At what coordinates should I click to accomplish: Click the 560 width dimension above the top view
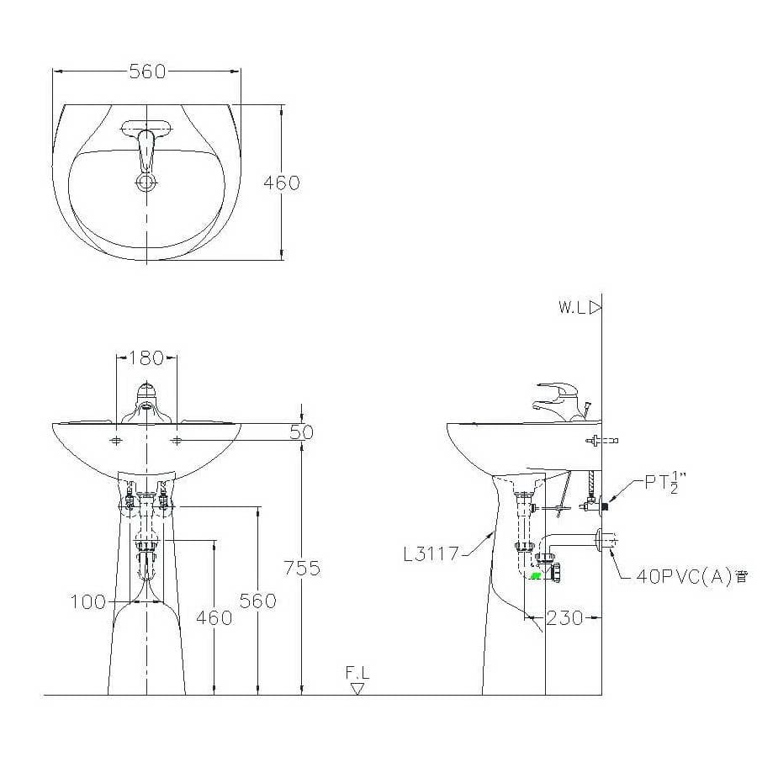point(147,72)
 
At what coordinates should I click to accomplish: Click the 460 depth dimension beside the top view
point(282,183)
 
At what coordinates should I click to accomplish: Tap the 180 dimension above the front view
point(146,357)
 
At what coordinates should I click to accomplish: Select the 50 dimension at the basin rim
point(302,432)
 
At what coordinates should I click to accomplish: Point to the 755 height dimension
point(302,569)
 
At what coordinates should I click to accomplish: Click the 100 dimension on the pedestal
point(87,602)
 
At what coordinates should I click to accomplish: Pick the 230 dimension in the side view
point(565,617)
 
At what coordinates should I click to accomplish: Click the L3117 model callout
point(431,553)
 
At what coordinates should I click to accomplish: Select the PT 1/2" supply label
point(665,482)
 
